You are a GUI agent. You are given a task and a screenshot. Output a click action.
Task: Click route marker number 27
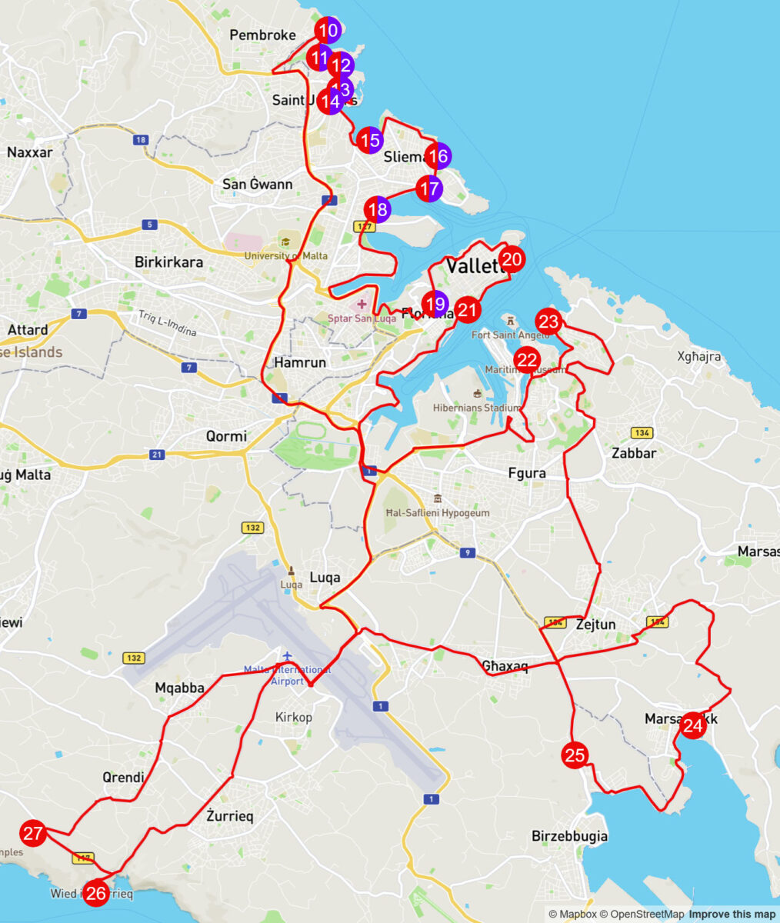click(x=32, y=833)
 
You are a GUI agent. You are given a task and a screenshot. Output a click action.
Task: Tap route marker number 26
click(x=96, y=893)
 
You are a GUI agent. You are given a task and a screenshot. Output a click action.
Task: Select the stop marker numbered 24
click(x=692, y=725)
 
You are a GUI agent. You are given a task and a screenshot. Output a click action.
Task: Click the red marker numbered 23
click(x=548, y=321)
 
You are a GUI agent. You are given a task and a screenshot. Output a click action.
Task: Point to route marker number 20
click(x=512, y=259)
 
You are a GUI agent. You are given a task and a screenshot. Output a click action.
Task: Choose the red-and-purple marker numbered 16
click(x=438, y=156)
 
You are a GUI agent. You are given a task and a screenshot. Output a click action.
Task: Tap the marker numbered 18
click(x=378, y=209)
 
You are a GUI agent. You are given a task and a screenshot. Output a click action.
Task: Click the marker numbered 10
click(x=328, y=31)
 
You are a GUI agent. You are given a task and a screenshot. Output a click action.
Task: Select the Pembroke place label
click(x=262, y=35)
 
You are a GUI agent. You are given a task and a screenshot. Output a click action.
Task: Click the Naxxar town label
click(x=30, y=152)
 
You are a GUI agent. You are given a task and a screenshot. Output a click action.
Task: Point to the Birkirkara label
click(x=168, y=262)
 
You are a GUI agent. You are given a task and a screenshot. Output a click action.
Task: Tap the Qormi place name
click(x=226, y=436)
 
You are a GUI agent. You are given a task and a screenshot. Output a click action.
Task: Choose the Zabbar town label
click(x=634, y=453)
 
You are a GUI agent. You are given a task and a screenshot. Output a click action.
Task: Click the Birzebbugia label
click(x=569, y=836)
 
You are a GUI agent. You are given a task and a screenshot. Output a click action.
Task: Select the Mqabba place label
click(x=179, y=688)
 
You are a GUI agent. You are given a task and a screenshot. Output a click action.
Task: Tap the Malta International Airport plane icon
click(x=287, y=656)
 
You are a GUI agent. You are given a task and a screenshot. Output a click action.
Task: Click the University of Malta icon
click(x=285, y=242)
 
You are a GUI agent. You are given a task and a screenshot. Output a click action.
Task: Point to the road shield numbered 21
click(x=157, y=455)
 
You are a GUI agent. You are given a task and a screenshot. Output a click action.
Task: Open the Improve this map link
click(x=732, y=914)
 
